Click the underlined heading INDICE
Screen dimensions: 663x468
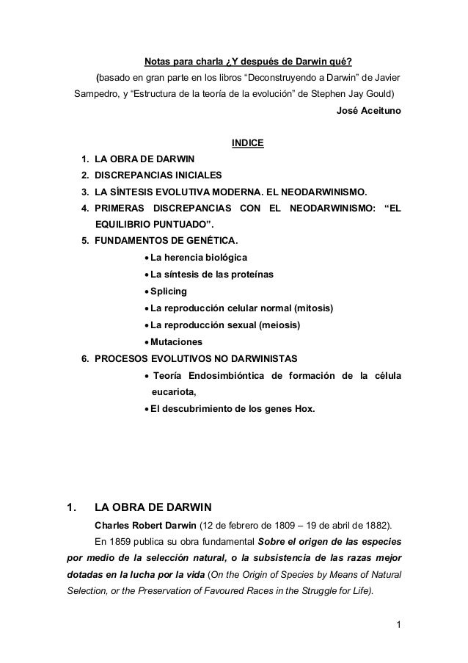point(247,142)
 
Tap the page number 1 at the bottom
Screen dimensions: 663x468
point(398,626)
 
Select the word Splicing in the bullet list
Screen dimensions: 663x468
point(169,291)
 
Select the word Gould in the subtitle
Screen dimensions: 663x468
point(374,95)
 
